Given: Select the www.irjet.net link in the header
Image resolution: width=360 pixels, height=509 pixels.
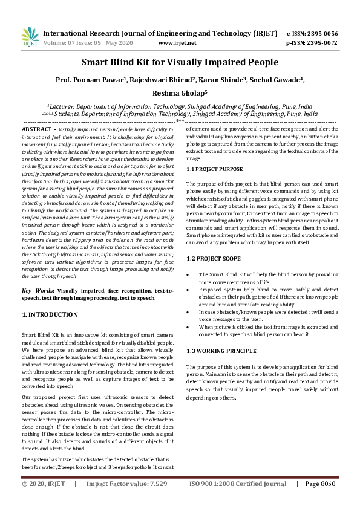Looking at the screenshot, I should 177,43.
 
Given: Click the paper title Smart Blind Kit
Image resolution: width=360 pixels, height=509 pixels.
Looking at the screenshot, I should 180,62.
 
